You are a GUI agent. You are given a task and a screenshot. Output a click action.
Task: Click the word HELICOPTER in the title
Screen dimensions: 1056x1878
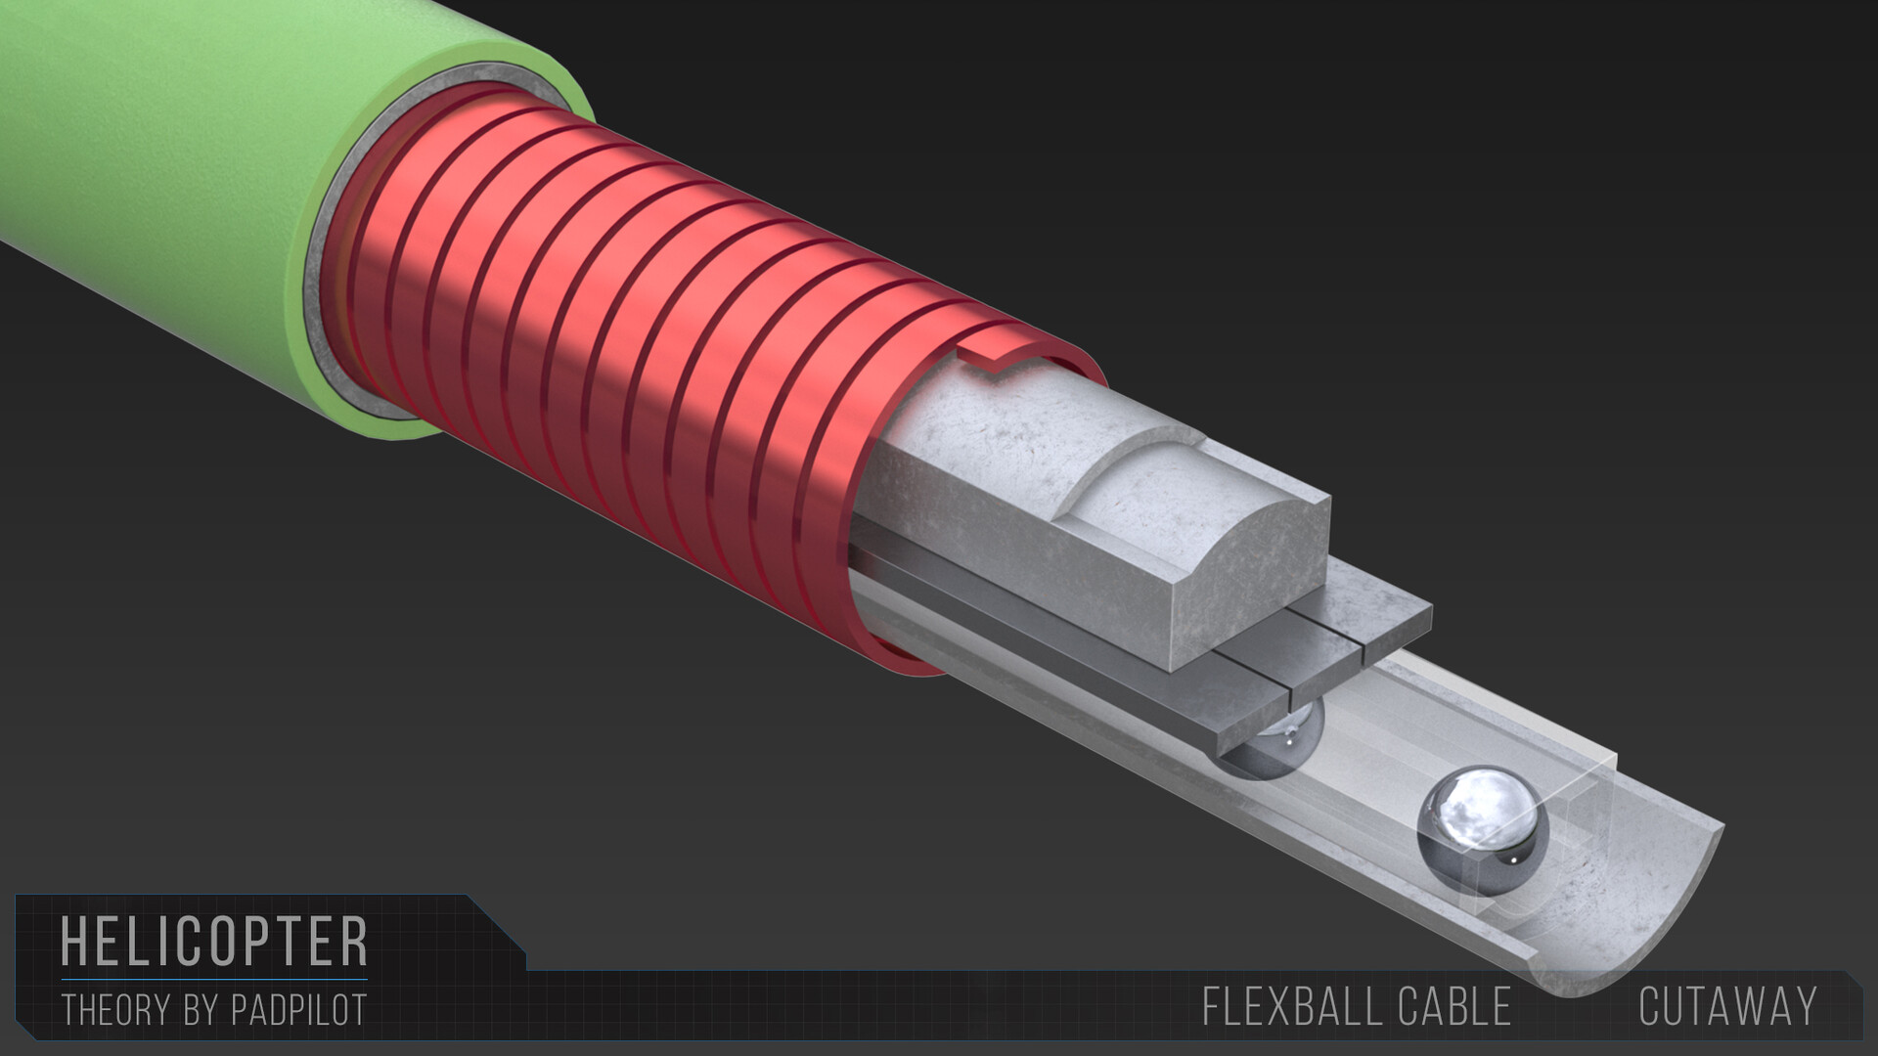[x=214, y=941]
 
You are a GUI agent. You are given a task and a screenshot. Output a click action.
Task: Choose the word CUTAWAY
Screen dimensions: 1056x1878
[x=1727, y=1007]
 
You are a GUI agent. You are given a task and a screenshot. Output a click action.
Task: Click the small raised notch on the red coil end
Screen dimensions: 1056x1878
[x=998, y=357]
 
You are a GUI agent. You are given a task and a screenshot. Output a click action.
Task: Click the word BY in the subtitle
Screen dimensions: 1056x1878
[x=201, y=1010]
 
